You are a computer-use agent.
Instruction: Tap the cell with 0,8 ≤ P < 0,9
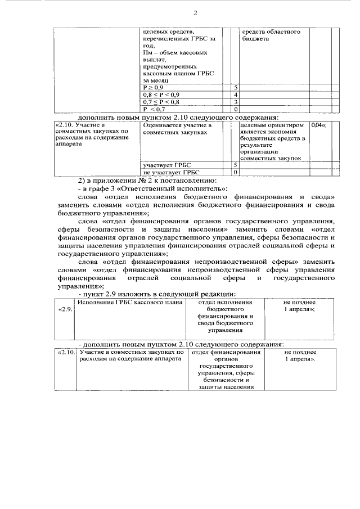pos(161,95)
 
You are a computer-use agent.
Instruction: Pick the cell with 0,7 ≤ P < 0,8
pos(161,102)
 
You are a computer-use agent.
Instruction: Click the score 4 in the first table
pos(236,95)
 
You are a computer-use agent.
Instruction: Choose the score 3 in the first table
pos(236,102)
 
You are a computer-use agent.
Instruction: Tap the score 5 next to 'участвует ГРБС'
pos(236,165)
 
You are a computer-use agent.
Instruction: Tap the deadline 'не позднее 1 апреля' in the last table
pos(299,355)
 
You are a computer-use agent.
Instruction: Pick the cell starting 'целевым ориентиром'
pos(273,142)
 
